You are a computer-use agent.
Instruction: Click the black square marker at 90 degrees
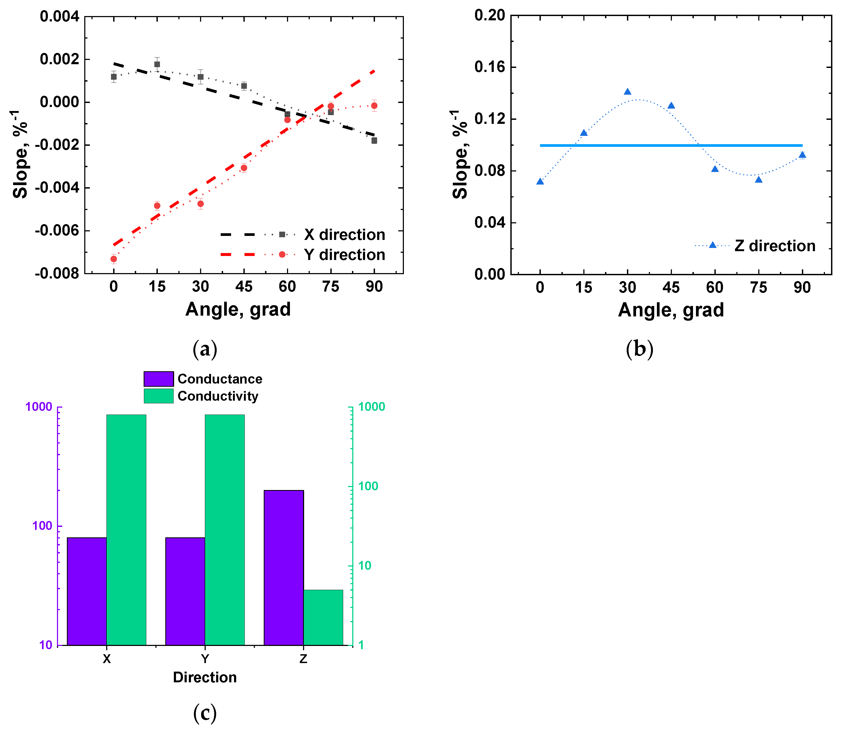(374, 141)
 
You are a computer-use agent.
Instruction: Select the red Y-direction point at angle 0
(114, 259)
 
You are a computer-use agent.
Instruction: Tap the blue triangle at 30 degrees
(627, 92)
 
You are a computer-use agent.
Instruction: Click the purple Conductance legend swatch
(159, 378)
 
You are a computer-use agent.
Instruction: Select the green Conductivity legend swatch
(159, 396)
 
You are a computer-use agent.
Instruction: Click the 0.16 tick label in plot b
(489, 67)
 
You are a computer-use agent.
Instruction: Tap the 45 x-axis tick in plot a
(244, 286)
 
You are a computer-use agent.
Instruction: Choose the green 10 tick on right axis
(365, 566)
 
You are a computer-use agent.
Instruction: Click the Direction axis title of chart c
(205, 677)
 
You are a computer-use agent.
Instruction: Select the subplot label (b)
(639, 349)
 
